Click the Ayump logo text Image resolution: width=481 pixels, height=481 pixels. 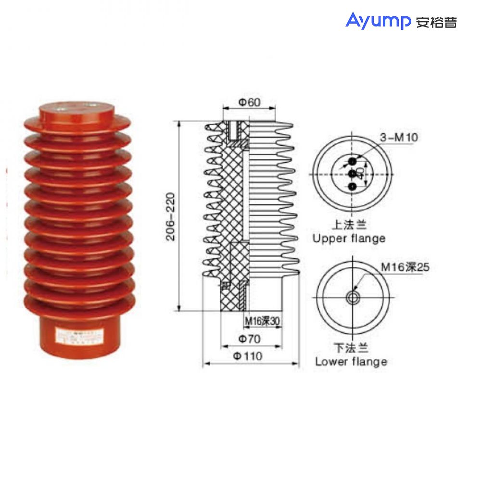click(x=378, y=21)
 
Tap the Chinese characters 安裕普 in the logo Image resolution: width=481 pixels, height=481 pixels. click(x=436, y=22)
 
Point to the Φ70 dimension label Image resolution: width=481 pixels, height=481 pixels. click(x=249, y=339)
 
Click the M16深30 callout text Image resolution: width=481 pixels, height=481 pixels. click(x=262, y=321)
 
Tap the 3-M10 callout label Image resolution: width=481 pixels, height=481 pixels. click(x=399, y=138)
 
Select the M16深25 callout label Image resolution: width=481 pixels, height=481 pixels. click(x=405, y=267)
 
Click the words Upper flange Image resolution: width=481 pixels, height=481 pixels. click(x=349, y=238)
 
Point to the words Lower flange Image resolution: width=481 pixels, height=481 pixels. click(x=351, y=362)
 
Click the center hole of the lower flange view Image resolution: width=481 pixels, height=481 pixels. click(x=354, y=298)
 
